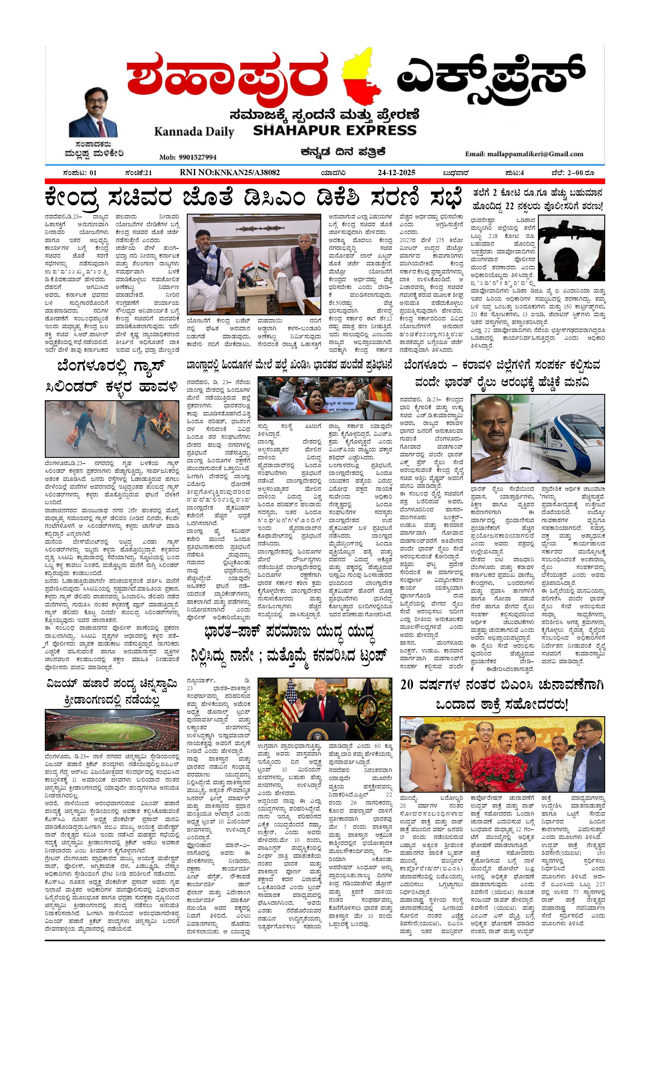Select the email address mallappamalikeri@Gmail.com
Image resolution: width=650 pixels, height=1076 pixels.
coord(524,154)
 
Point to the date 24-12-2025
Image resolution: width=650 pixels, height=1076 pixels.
coord(396,172)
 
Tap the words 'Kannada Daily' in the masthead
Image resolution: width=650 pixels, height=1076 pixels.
coord(194,132)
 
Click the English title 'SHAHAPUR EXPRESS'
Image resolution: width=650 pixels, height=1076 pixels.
coord(334,130)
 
